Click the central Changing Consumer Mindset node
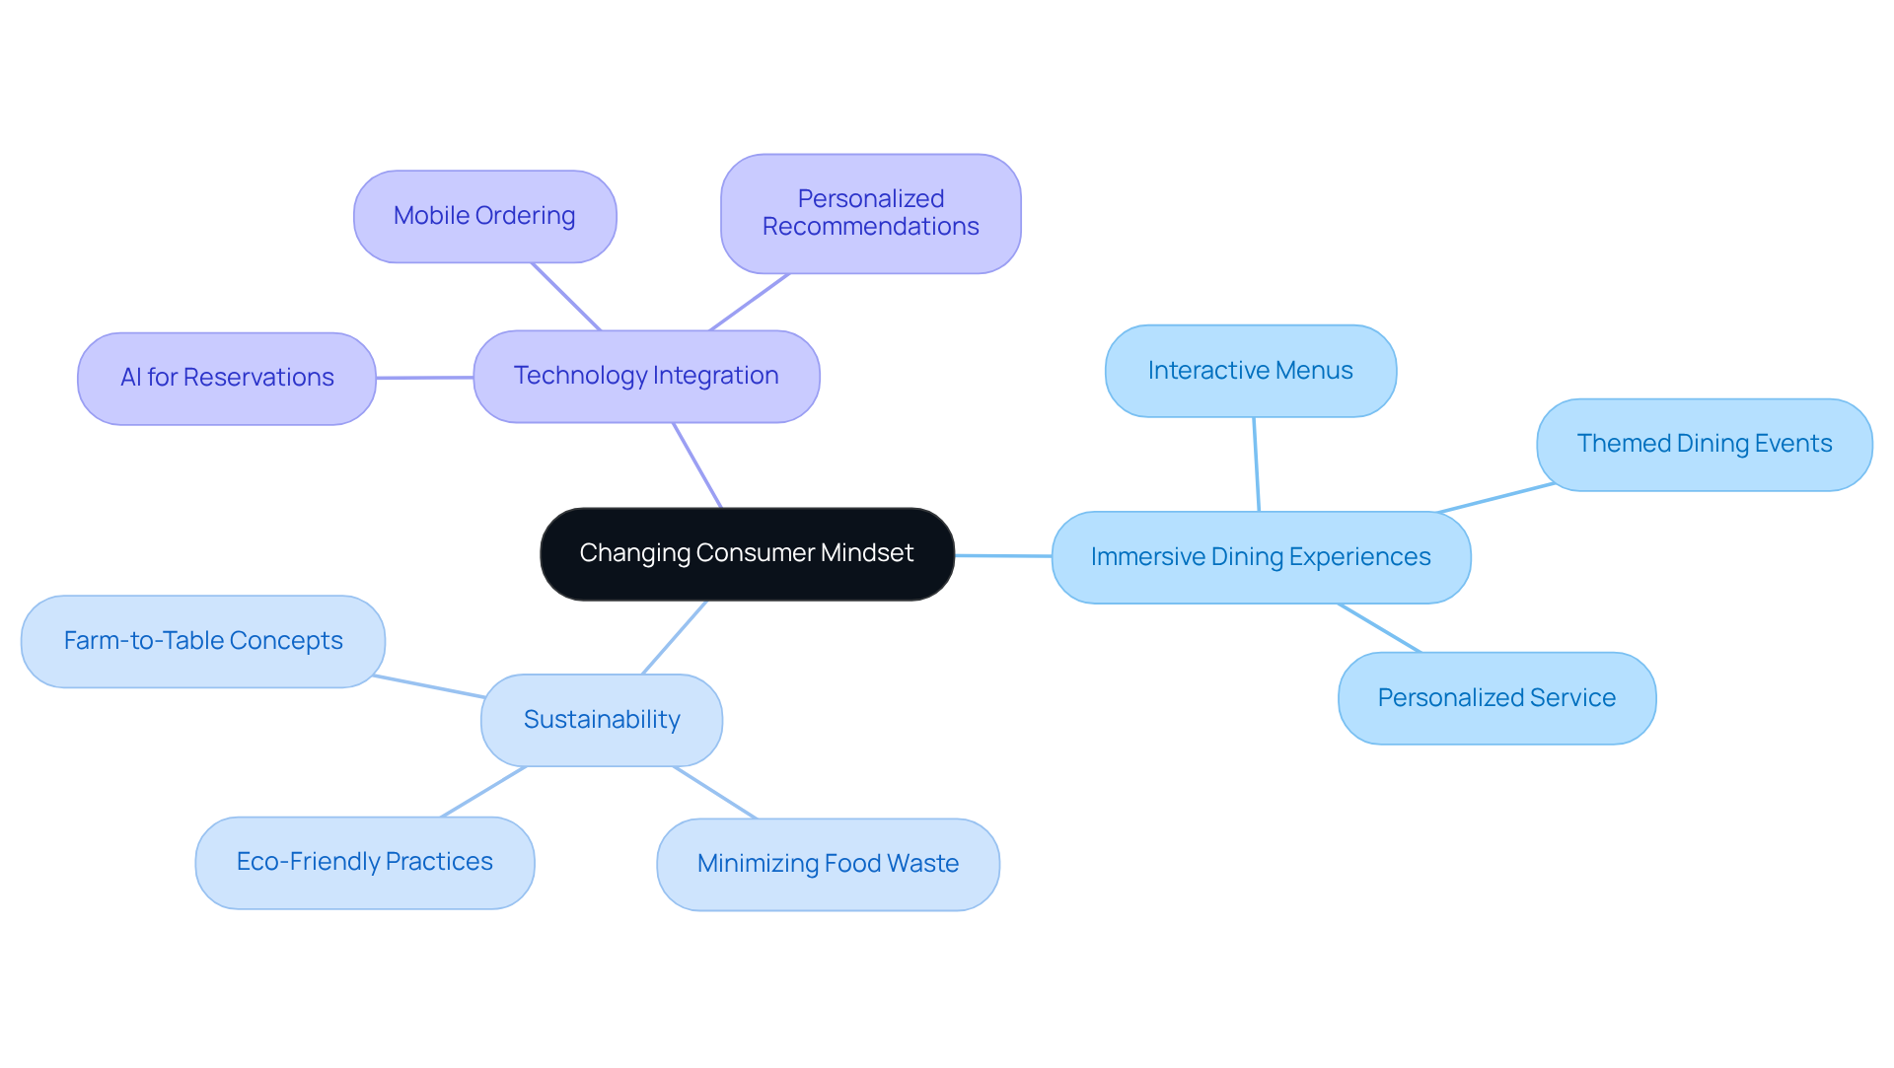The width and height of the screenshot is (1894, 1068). pos(747,553)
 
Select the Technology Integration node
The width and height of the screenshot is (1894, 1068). pos(646,376)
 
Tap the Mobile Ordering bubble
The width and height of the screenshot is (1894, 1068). pos(484,216)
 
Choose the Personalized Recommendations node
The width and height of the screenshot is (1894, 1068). pos(870,213)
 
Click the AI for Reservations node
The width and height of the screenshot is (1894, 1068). pos(227,378)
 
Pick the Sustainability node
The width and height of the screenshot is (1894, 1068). pos(602,720)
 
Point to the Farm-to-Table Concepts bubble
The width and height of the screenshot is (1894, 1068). pos(203,641)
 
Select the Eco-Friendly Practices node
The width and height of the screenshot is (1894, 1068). pos(365,862)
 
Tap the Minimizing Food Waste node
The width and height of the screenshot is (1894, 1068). pos(828,864)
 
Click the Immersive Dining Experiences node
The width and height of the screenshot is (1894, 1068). pos(1261,557)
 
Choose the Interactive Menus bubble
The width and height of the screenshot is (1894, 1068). pos(1250,371)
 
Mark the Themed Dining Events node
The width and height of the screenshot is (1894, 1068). pos(1704,444)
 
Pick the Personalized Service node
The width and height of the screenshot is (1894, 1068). pos(1496,698)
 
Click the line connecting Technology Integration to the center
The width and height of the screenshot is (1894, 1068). pos(697,465)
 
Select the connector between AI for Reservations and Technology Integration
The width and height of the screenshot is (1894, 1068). pos(424,377)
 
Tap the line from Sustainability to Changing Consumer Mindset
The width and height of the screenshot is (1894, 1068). pos(675,637)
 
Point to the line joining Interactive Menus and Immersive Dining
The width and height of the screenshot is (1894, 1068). pos(1256,463)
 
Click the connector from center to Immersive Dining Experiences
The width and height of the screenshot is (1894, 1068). pos(1002,555)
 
